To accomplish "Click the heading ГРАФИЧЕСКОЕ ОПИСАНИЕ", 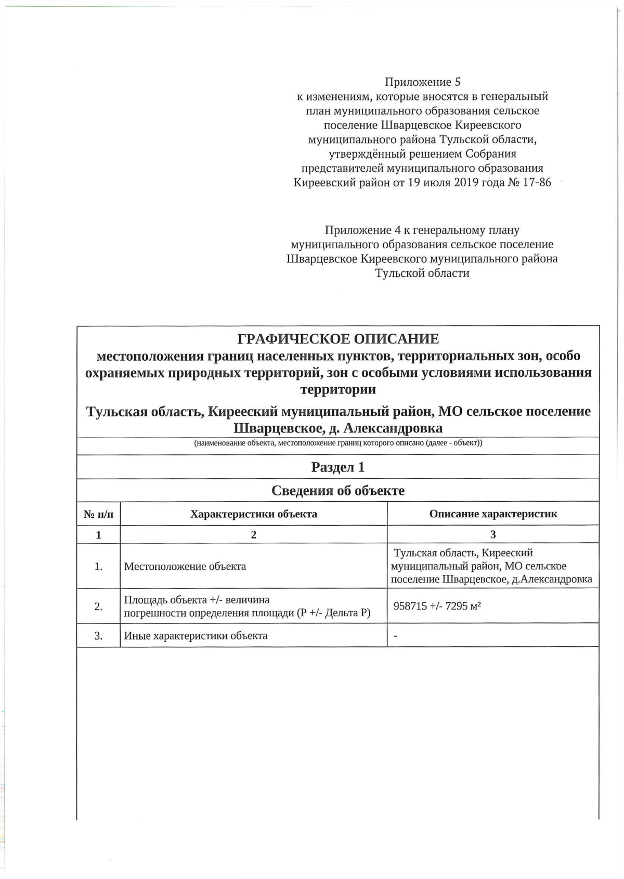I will pos(338,339).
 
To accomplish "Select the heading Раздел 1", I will pos(338,467).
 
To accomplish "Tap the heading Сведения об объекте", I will pos(338,491).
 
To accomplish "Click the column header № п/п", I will pos(98,514).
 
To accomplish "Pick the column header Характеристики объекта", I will pos(254,514).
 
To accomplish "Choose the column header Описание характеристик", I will pos(493,514).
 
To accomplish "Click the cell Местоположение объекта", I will pos(185,566).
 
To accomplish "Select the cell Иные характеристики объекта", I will pos(196,635).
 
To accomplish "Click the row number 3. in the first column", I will pos(98,635).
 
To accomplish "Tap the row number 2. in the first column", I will pos(98,606).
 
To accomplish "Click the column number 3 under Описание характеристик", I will pos(493,534).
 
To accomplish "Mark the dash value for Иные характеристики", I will pos(396,635).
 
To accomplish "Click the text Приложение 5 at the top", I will pos(422,82).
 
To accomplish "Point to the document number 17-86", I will pos(537,183).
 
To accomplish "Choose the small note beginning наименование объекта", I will pos(338,443).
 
